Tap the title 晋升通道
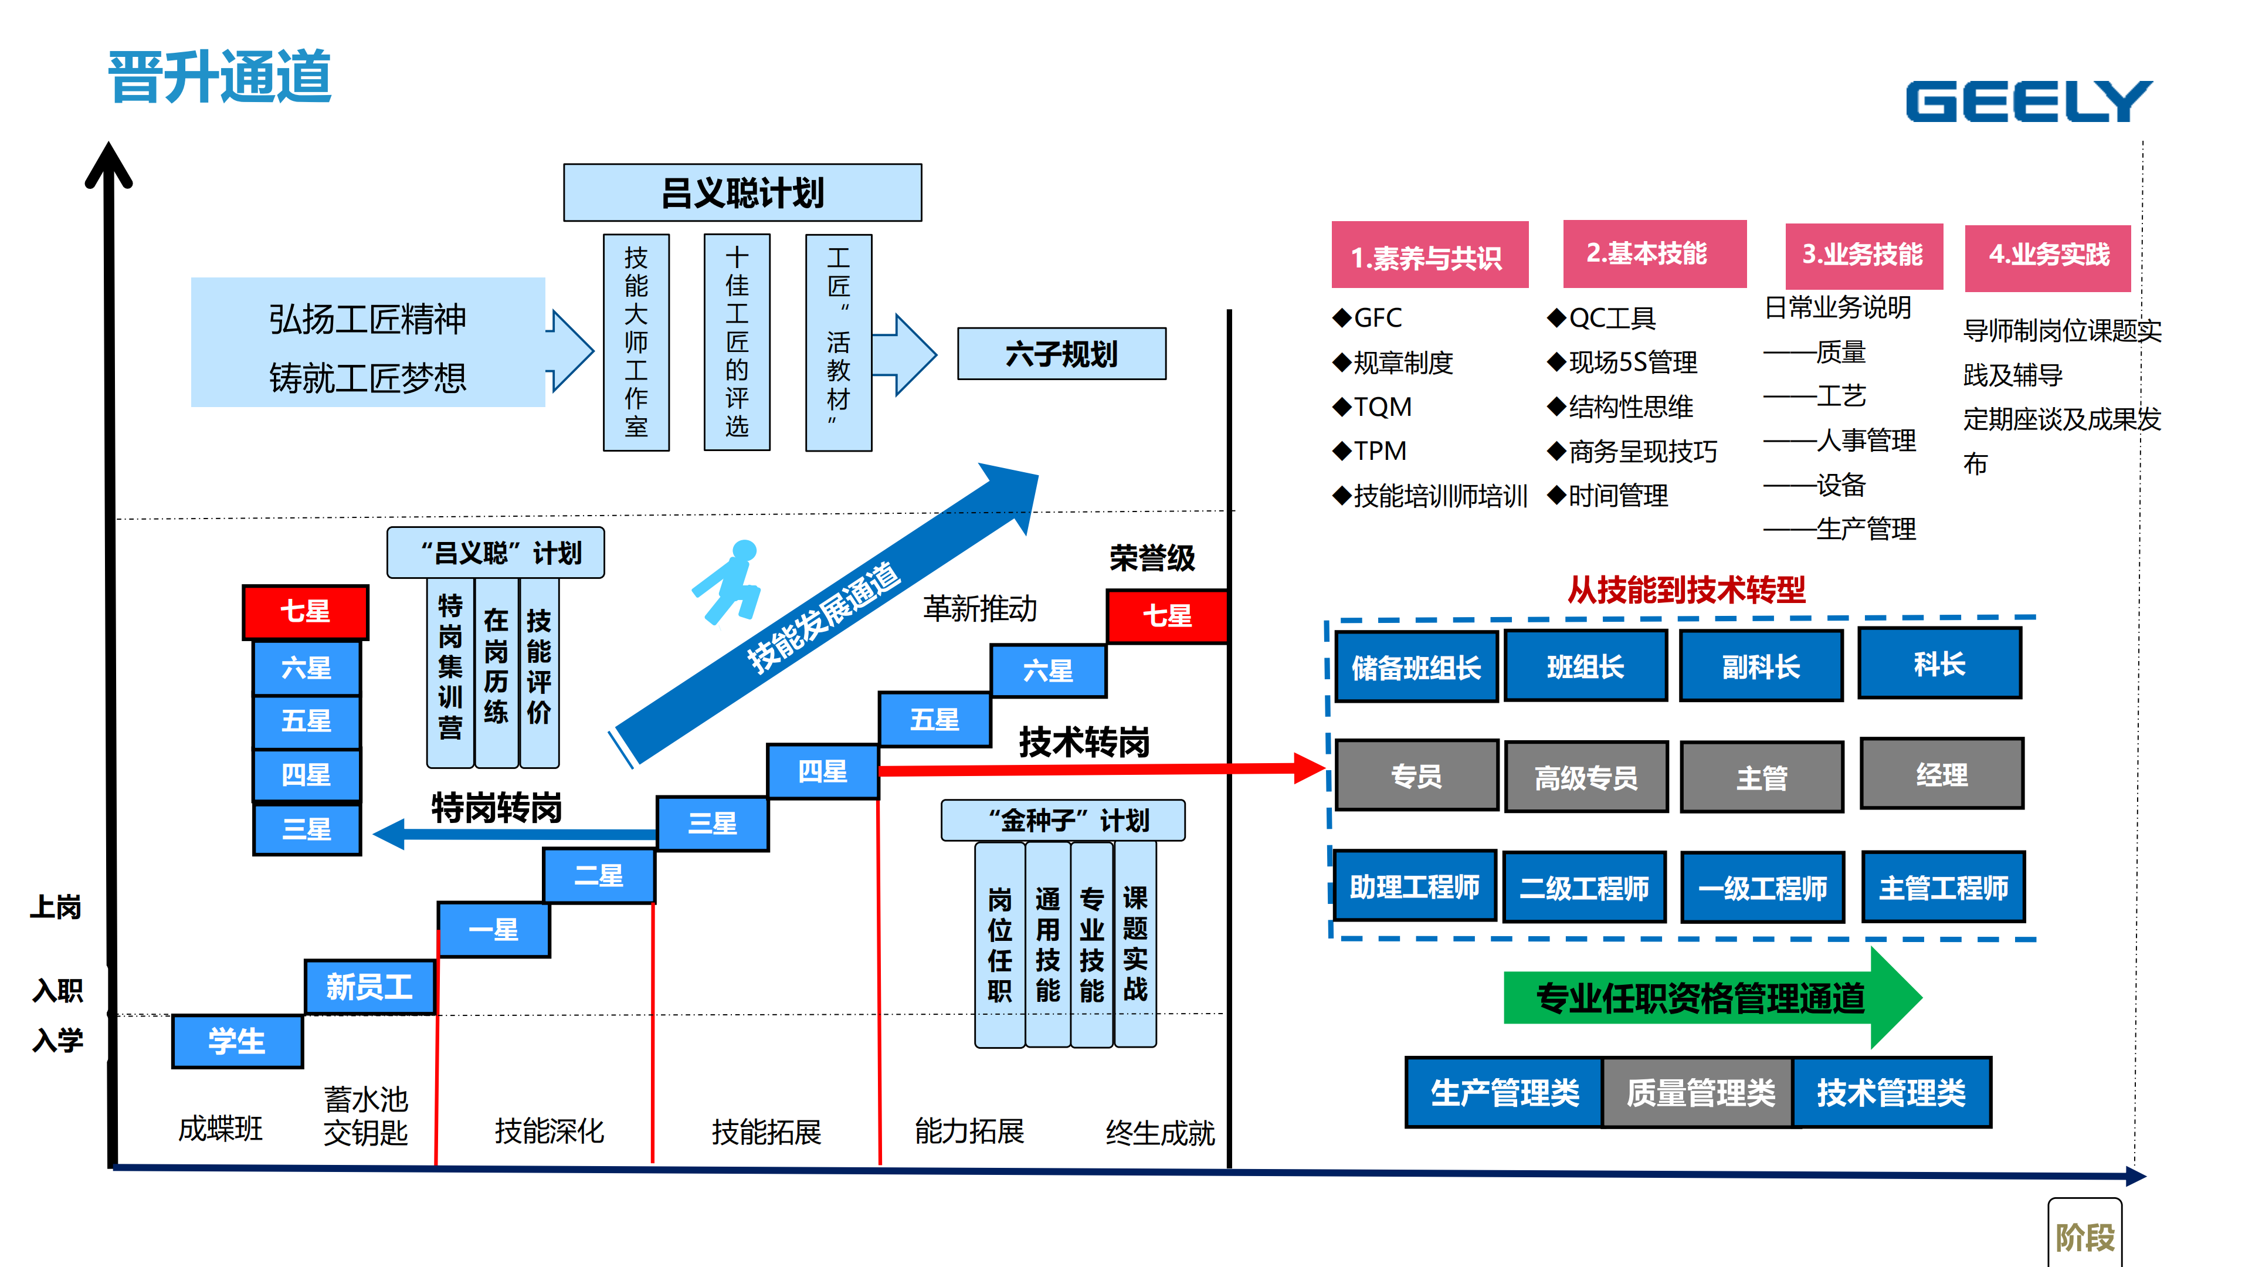click(219, 77)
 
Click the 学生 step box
click(237, 1041)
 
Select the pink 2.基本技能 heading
click(1653, 253)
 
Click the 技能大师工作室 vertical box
click(636, 342)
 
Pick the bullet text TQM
click(1381, 406)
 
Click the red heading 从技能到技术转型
click(1685, 590)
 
